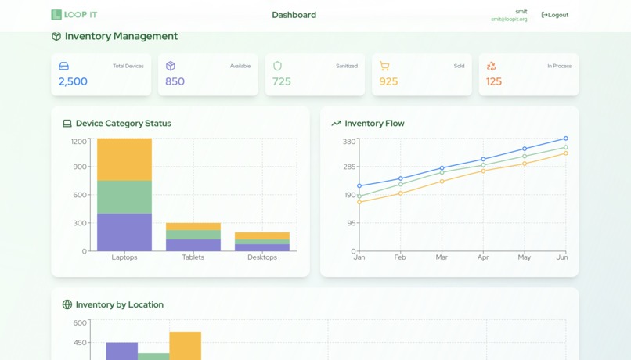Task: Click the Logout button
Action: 555,15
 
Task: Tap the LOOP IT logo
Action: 74,15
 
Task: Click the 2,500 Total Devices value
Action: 73,81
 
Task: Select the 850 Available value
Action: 175,81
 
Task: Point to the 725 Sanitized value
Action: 282,81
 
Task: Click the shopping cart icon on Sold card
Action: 384,67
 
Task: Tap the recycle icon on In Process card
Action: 491,67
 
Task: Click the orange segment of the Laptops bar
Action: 124,160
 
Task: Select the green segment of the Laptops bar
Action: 124,197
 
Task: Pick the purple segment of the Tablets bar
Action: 193,245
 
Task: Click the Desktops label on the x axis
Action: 262,257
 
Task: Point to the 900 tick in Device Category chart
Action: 79,167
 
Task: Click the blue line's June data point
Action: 566,139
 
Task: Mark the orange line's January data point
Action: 359,203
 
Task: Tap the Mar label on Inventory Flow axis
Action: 442,257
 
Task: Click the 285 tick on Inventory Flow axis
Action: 349,167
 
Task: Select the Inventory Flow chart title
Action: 374,124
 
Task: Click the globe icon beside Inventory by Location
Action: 67,304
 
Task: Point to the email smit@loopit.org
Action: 509,20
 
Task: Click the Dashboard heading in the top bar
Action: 294,15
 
